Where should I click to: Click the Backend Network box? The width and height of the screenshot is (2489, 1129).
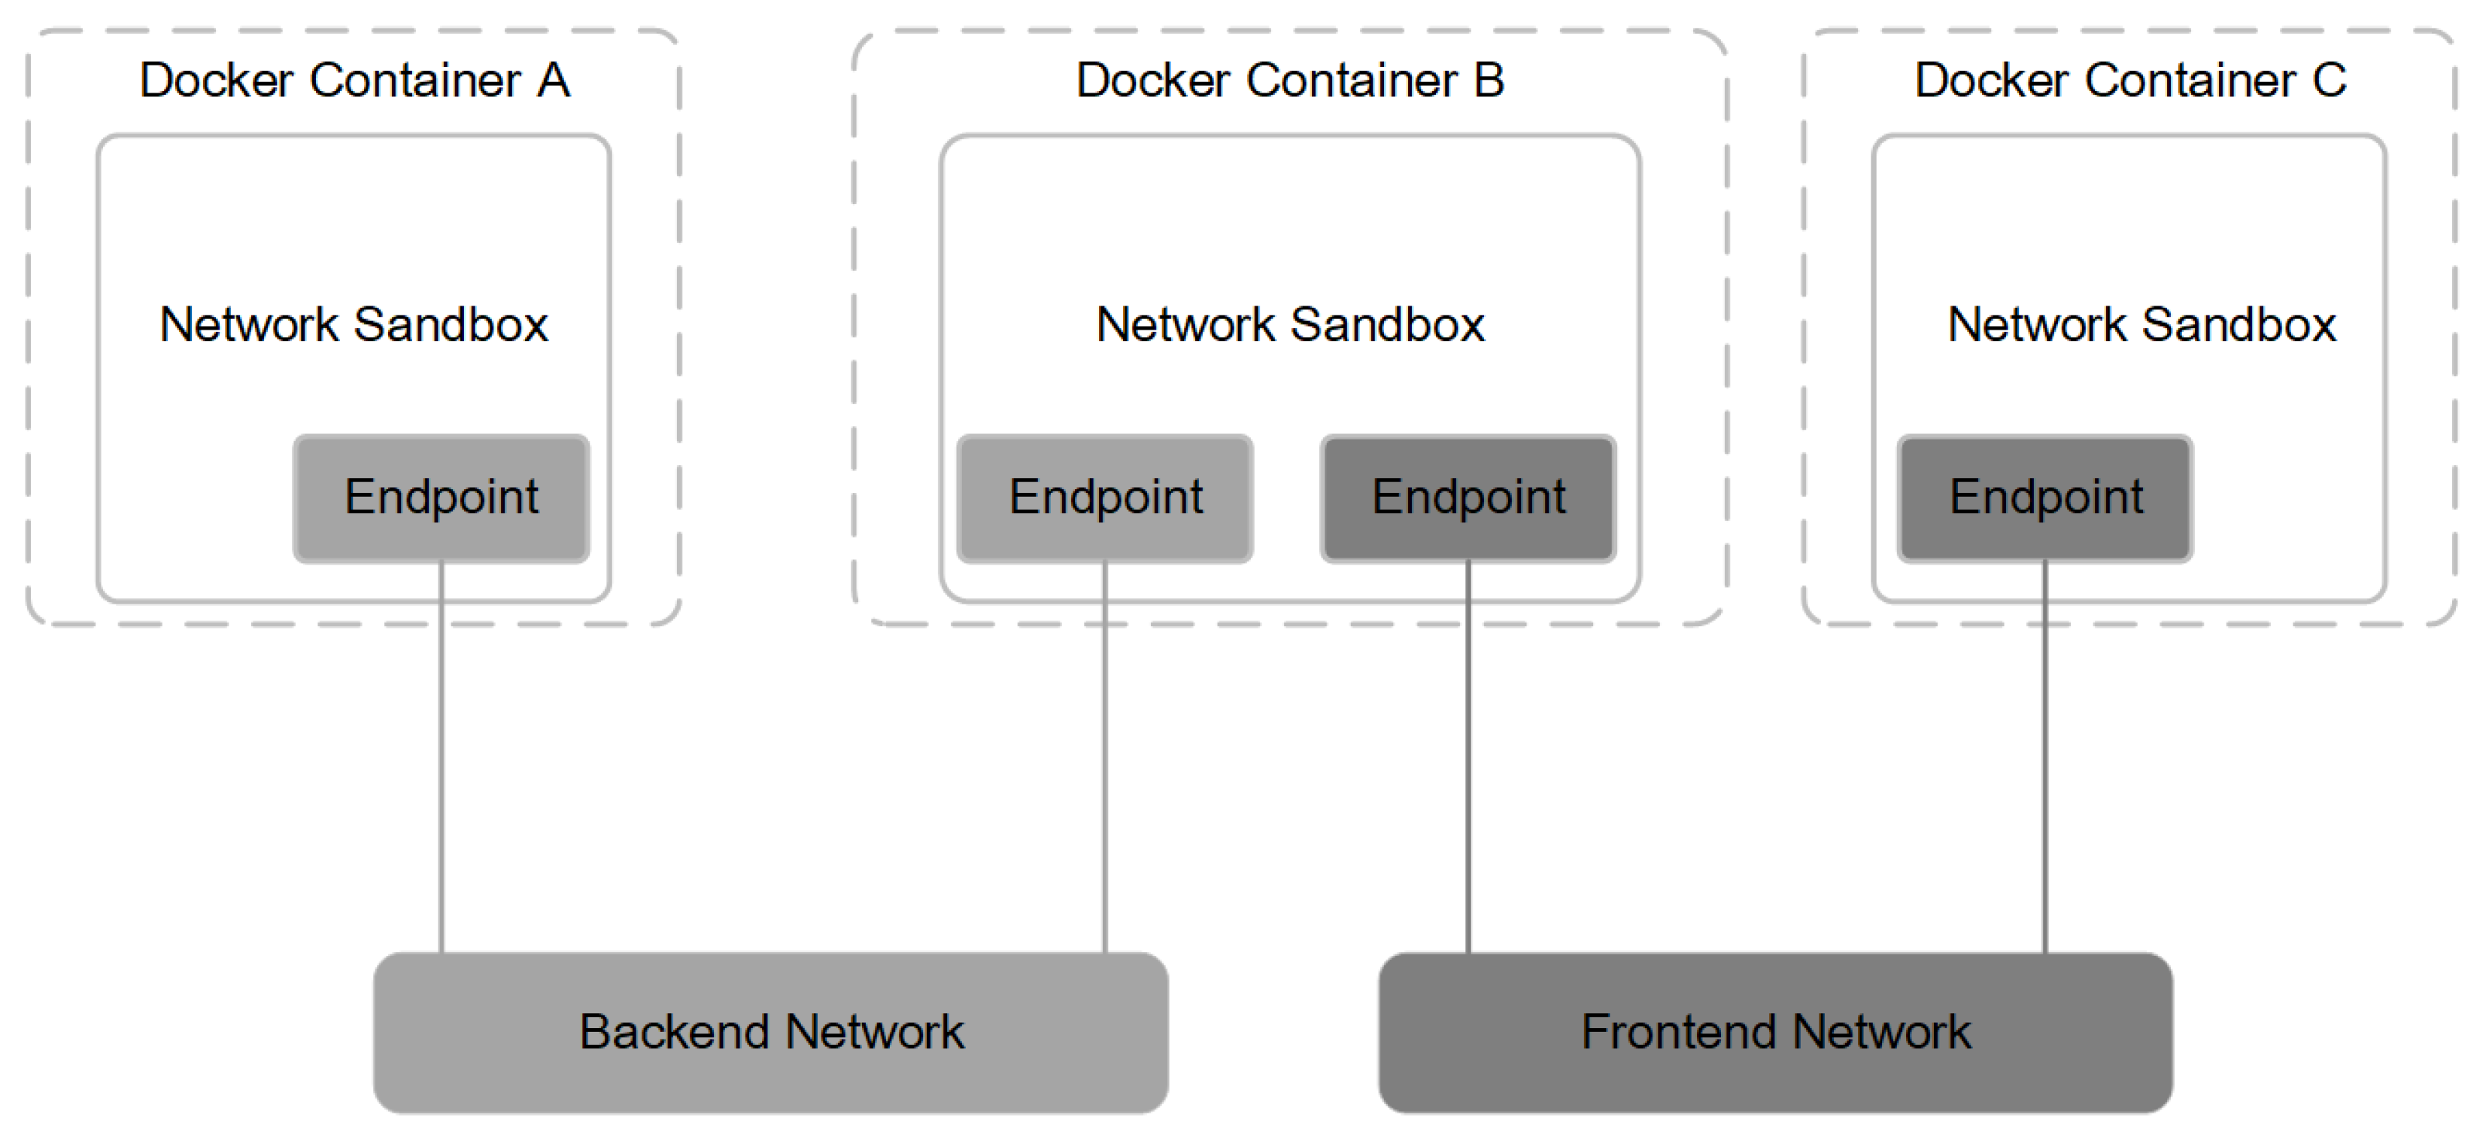tap(771, 1033)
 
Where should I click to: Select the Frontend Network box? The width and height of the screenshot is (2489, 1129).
tap(1776, 1033)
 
